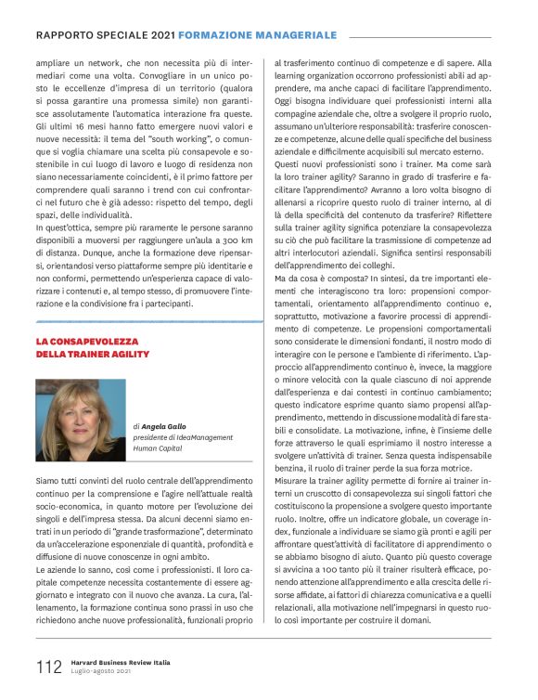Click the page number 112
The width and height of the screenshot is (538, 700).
click(x=47, y=668)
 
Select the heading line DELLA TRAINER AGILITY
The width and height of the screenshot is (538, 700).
click(x=93, y=355)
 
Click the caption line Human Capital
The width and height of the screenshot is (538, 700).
click(x=158, y=447)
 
